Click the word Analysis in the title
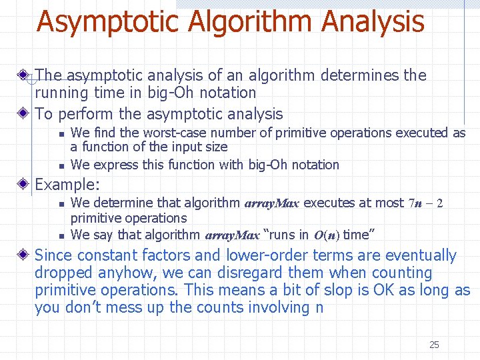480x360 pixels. tap(373, 21)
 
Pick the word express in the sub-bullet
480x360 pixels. tap(113, 165)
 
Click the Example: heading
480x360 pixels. tap(67, 184)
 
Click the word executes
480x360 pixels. tap(328, 203)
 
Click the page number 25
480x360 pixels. tap(434, 345)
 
